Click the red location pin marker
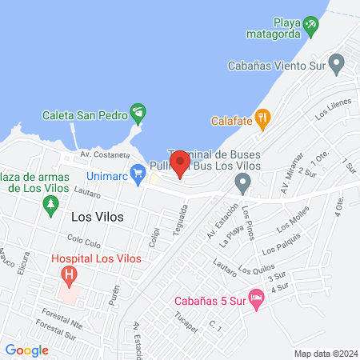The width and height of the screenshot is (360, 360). pos(180,164)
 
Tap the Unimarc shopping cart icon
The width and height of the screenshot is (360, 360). pos(138,171)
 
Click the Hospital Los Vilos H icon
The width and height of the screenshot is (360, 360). pos(70,277)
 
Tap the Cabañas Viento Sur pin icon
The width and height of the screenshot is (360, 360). pos(337,62)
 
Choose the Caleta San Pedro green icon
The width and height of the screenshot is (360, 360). pos(138,113)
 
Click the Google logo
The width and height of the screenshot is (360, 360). pos(26,350)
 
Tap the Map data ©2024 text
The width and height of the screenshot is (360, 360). pos(324,353)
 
